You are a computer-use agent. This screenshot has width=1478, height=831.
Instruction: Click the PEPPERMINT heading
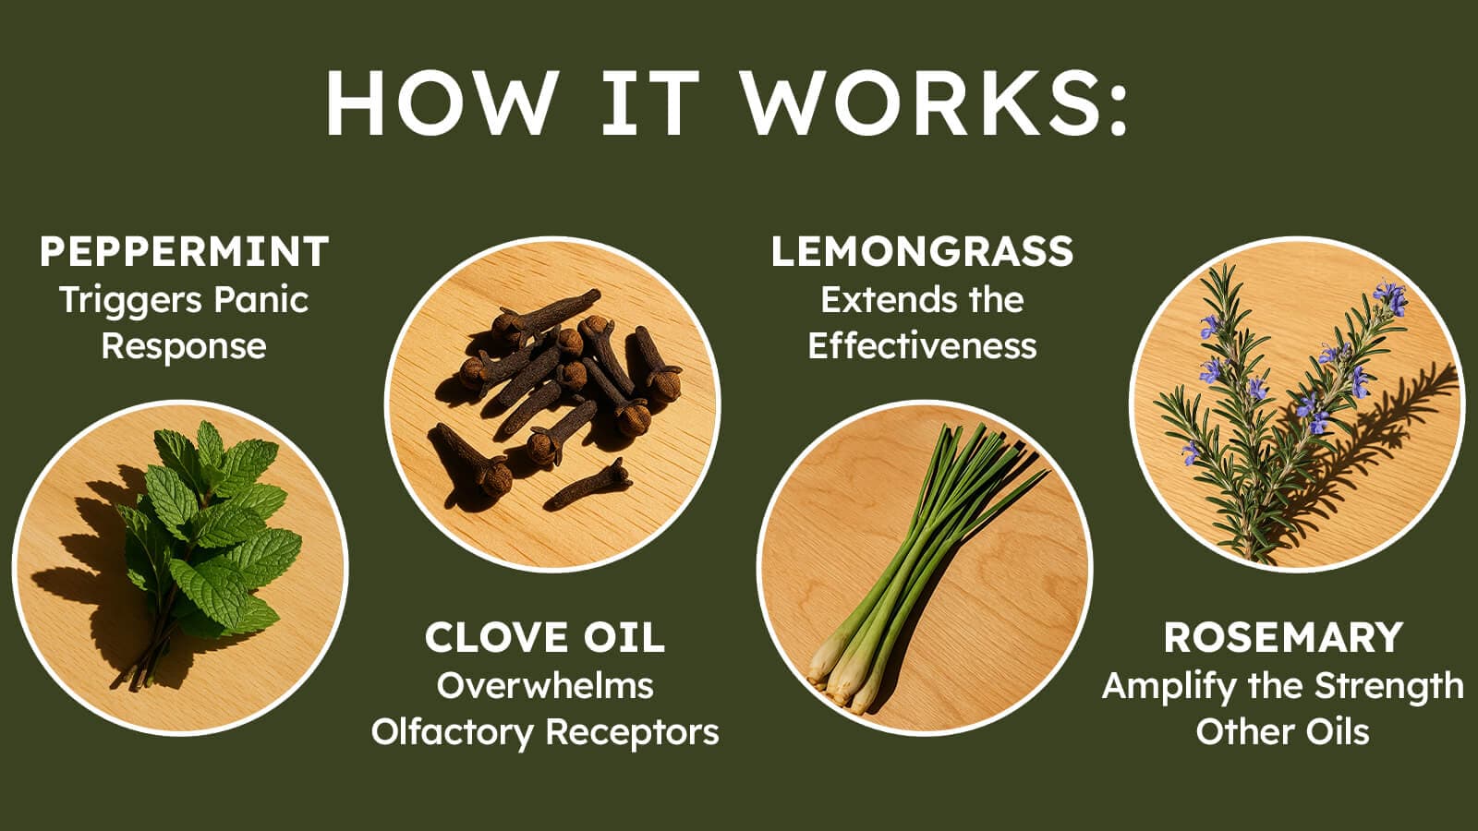[x=184, y=251]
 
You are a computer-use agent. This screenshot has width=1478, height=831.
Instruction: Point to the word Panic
[x=261, y=300]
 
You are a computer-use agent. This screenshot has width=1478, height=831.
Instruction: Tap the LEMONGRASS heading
[x=923, y=251]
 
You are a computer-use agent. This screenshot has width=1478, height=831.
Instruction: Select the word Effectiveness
[x=923, y=346]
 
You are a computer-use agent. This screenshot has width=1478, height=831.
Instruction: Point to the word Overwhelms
[x=545, y=686]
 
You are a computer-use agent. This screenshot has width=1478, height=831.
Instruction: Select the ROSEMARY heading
[x=1283, y=638]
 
